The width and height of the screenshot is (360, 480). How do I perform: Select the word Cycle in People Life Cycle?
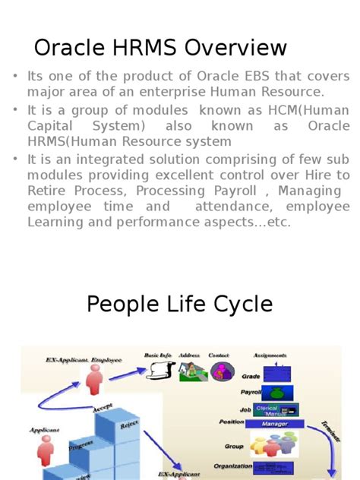238,304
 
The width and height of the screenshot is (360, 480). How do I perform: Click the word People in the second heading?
122,304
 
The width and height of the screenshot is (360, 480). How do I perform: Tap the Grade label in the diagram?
251,376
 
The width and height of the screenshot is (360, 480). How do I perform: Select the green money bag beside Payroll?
276,393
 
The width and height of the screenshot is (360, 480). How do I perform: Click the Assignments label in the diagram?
269,355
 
